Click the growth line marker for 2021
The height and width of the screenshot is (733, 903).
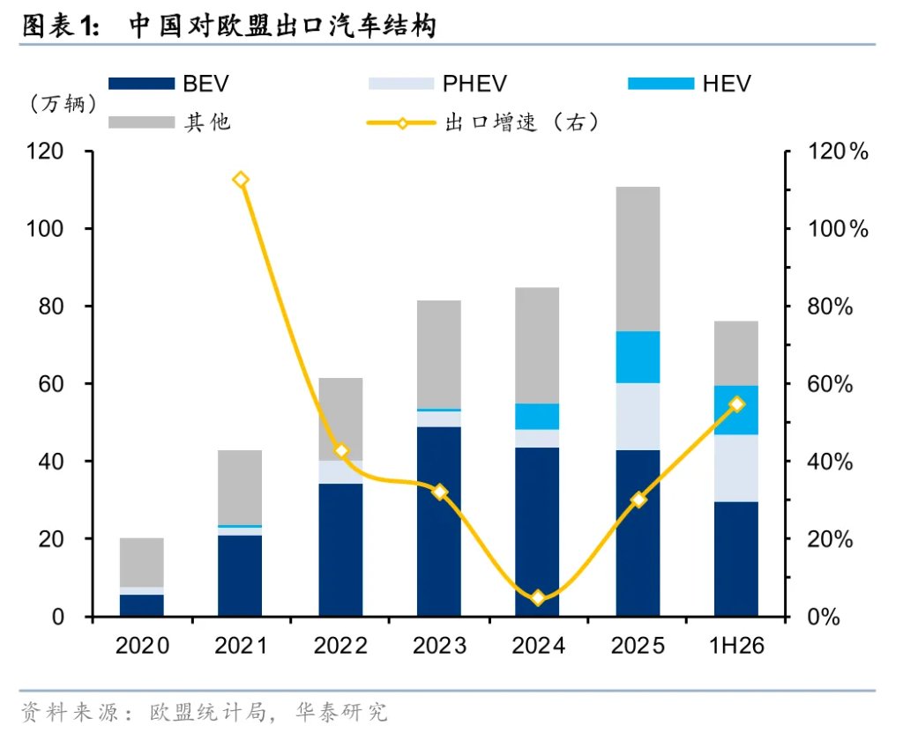pos(241,180)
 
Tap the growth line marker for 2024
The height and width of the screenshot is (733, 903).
pos(538,598)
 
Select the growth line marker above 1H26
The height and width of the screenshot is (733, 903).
pos(736,404)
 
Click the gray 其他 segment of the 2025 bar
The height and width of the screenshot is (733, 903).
pos(638,259)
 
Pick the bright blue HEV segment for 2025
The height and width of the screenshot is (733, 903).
pos(638,358)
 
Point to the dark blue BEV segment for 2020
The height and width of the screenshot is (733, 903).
pos(142,606)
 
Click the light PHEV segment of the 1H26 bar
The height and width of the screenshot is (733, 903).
pos(736,469)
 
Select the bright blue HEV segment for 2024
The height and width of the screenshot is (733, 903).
pos(537,417)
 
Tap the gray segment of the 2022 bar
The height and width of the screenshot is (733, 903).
pos(341,419)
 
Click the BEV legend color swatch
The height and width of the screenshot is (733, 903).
pos(142,84)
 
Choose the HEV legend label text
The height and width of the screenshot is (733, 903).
pos(727,84)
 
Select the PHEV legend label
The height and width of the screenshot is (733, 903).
pos(474,84)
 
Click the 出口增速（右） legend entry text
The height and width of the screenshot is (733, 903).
pos(522,122)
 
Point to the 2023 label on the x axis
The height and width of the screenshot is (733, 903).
pos(439,646)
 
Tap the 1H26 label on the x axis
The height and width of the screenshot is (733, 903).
pos(736,646)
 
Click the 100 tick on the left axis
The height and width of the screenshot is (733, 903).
pos(45,229)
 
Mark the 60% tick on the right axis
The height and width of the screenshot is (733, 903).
pos(830,384)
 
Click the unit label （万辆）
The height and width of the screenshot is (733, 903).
pos(63,104)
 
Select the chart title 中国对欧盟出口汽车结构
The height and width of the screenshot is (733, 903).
pos(282,26)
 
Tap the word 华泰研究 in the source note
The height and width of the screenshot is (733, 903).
pos(341,712)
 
